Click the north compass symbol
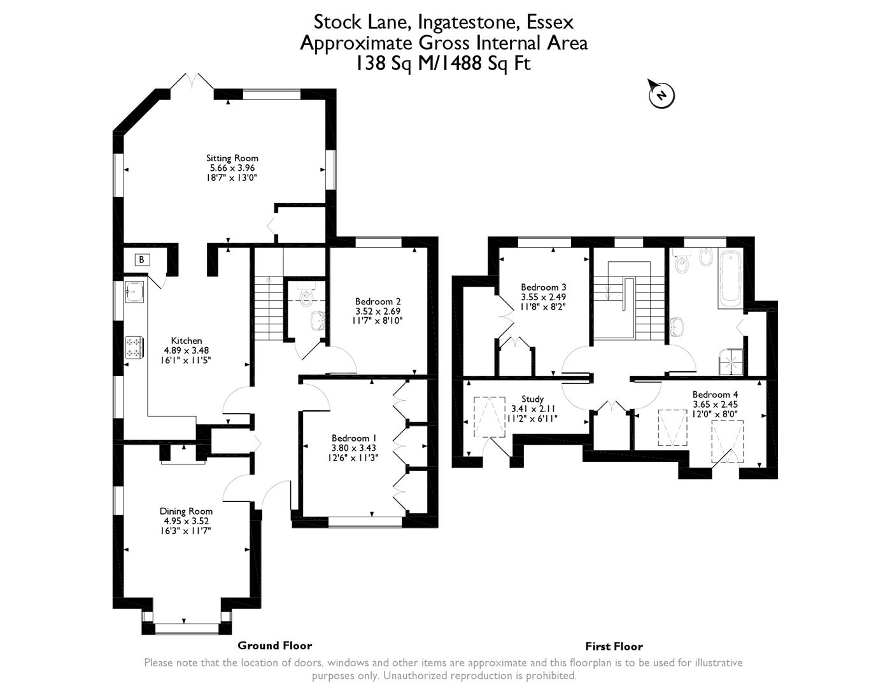[661, 95]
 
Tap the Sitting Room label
[232, 158]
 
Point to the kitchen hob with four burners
[134, 347]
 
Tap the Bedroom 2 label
[378, 301]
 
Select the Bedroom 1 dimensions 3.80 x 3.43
[354, 448]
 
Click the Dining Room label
[186, 511]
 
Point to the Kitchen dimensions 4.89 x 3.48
[187, 350]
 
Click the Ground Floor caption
[274, 645]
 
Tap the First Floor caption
[614, 646]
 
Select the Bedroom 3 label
[543, 287]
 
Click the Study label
[532, 399]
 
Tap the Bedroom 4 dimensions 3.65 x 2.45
[715, 404]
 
